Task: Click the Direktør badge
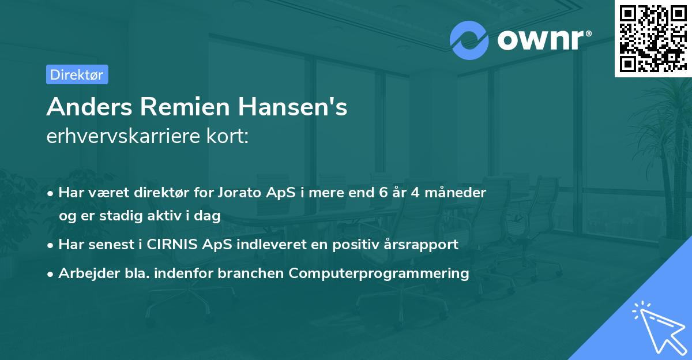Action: [77, 74]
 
